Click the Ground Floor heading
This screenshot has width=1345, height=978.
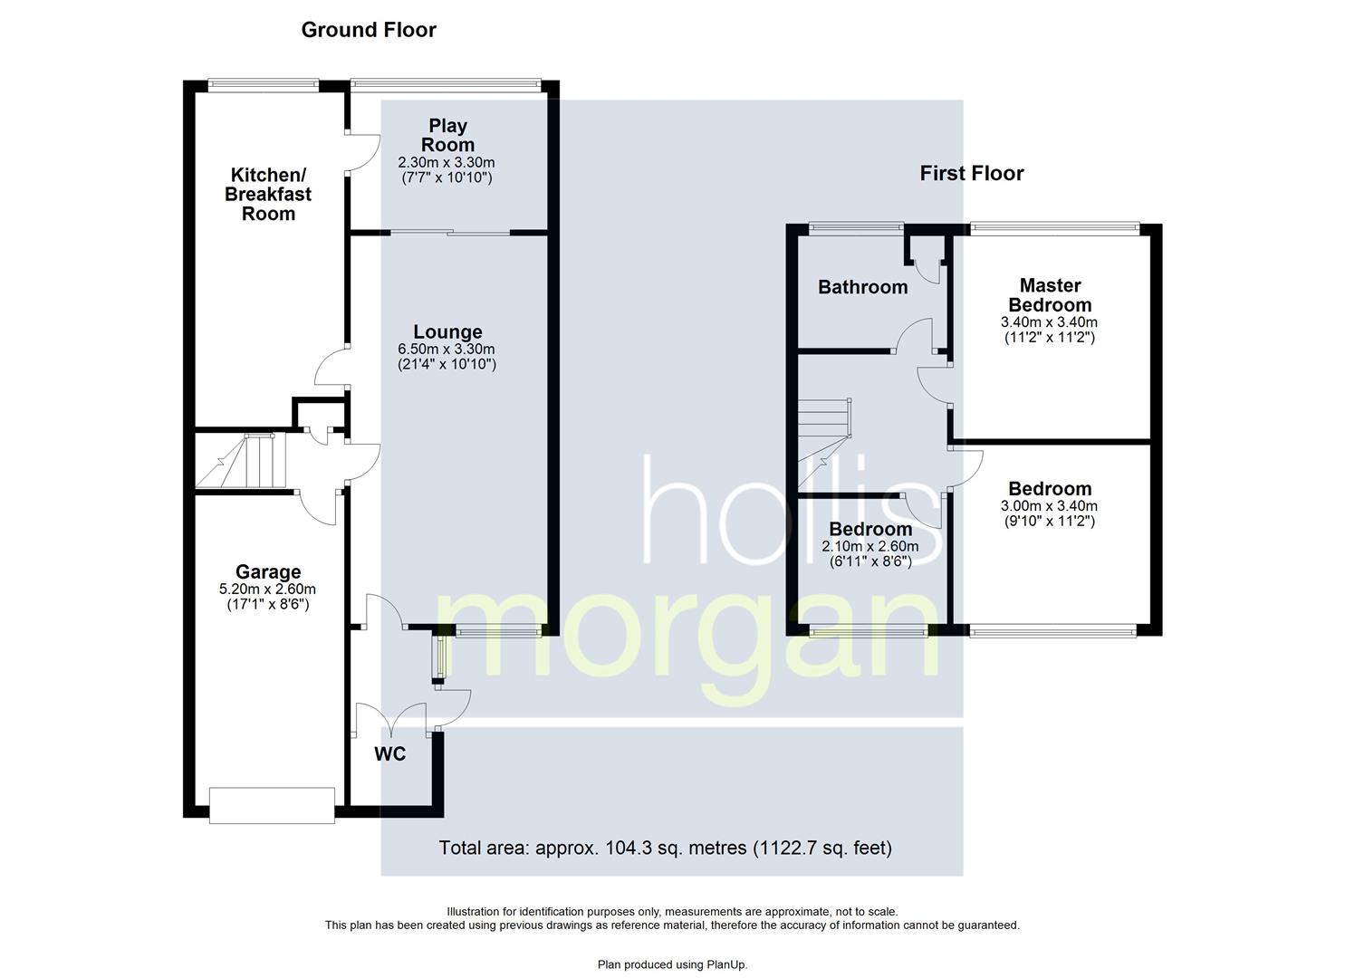tap(369, 30)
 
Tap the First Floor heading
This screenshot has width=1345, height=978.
tap(972, 174)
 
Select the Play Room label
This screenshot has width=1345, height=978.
tap(447, 135)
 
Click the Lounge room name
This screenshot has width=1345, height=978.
tap(447, 331)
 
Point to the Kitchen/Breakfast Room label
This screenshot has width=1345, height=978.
tap(268, 194)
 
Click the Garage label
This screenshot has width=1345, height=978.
tap(268, 571)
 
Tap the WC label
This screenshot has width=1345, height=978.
tap(389, 753)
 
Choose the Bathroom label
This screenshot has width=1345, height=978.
tap(863, 287)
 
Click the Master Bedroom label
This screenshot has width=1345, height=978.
tap(1050, 295)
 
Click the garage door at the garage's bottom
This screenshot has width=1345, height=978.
tap(272, 805)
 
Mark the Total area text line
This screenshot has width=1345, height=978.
tap(666, 848)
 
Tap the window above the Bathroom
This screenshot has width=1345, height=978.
tap(856, 227)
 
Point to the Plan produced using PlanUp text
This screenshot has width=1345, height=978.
tap(672, 964)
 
